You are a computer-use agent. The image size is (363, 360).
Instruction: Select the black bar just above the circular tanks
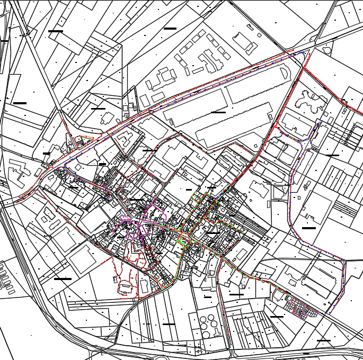(208, 297)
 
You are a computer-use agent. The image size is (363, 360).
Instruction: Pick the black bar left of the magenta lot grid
(277, 317)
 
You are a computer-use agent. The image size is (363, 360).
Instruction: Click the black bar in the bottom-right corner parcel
(323, 340)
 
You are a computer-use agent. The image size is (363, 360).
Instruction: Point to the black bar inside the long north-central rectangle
(218, 112)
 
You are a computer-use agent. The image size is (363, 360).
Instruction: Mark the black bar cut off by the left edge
(4, 40)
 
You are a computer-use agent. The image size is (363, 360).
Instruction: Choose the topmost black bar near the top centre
(170, 28)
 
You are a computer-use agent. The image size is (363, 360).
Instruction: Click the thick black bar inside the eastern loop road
(308, 228)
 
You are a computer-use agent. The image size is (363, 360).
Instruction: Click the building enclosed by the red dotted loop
(126, 286)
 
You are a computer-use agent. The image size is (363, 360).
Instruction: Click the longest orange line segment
(86, 138)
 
